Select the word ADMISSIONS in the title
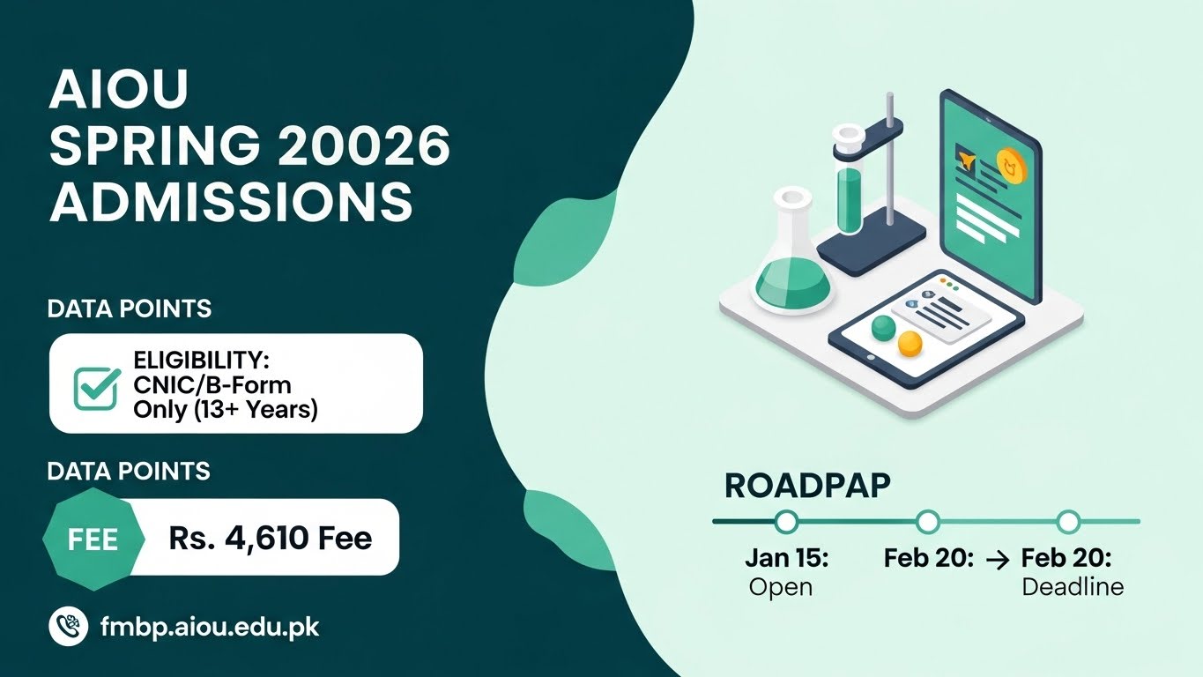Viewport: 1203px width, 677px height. (231, 201)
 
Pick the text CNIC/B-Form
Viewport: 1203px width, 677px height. (212, 384)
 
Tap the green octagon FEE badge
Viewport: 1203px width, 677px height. (93, 539)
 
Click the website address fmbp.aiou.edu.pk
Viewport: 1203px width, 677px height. (210, 628)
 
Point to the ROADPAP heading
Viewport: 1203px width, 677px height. (806, 486)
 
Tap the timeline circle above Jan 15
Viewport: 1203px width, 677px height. (786, 522)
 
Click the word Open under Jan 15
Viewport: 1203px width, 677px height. (780, 586)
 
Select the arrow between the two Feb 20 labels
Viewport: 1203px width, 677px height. (996, 559)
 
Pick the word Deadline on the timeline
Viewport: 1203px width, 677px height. (1073, 586)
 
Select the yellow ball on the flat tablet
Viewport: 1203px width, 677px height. (910, 344)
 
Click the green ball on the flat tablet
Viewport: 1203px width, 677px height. (882, 329)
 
